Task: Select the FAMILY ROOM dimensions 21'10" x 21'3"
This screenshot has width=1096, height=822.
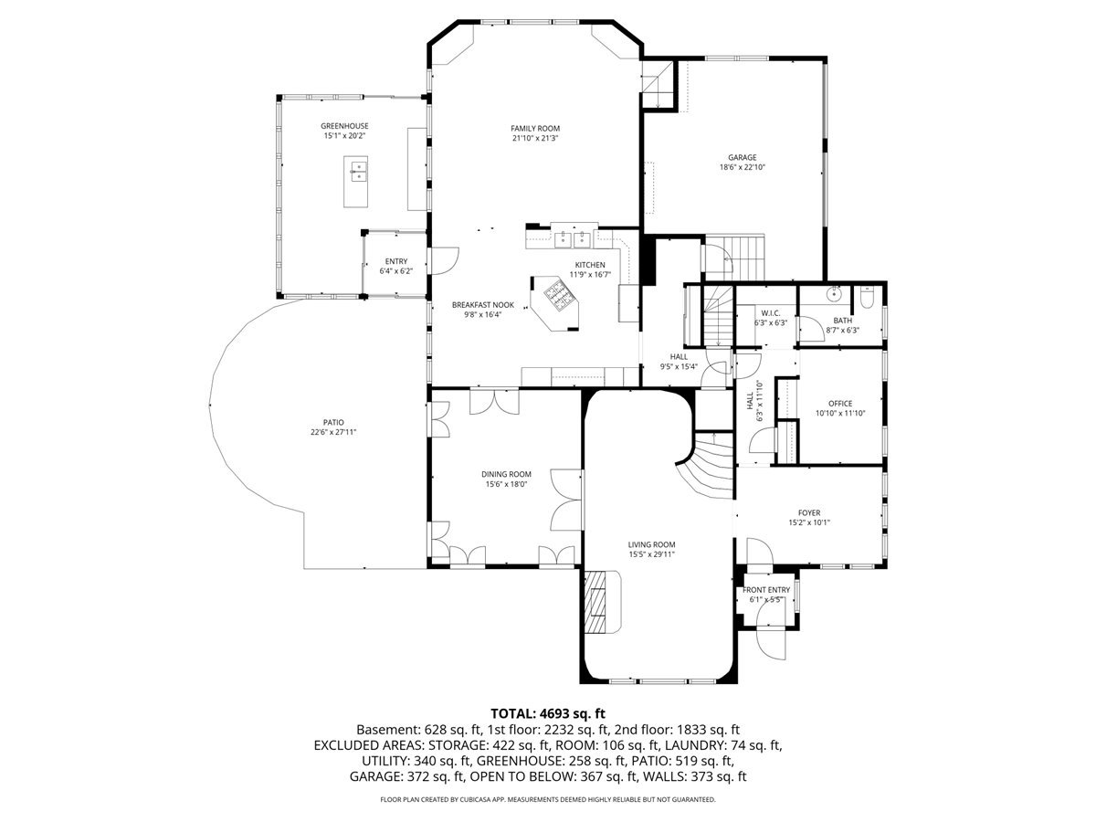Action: [x=535, y=139]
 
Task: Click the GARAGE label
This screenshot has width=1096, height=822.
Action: [x=742, y=157]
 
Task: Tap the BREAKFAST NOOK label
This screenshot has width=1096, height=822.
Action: [x=483, y=304]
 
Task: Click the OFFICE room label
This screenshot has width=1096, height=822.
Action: [x=839, y=403]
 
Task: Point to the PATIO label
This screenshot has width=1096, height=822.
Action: [x=332, y=422]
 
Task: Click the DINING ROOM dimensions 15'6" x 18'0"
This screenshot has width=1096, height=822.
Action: [x=507, y=485]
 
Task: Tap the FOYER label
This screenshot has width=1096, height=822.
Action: [x=808, y=512]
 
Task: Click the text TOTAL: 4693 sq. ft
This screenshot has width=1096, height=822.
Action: [x=548, y=712]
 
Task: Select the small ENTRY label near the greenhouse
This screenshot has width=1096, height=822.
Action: [x=396, y=261]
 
